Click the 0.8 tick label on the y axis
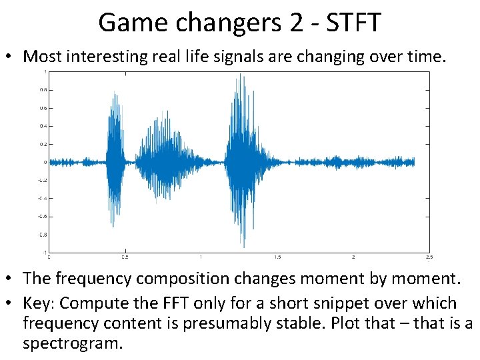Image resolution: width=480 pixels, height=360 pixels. [43, 89]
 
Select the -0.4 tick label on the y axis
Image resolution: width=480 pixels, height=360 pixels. [42, 198]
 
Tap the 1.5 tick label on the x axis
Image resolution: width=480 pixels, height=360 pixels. [277, 257]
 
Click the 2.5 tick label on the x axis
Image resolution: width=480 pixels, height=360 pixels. [429, 257]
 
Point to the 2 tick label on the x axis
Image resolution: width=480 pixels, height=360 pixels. [353, 257]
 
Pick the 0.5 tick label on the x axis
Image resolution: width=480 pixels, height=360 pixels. [125, 257]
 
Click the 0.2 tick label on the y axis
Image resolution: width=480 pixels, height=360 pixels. [43, 144]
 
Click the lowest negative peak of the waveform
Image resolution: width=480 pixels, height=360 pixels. [245, 247]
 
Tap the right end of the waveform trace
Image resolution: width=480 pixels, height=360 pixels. [414, 162]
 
